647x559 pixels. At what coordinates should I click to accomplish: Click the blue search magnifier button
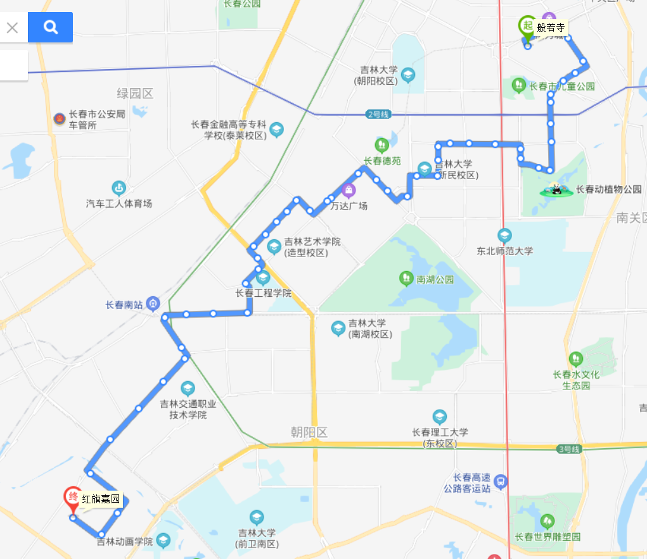50,27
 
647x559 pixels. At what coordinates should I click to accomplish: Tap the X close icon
12,28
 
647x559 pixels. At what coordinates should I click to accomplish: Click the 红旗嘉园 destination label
101,499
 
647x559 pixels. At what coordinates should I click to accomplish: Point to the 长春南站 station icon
153,304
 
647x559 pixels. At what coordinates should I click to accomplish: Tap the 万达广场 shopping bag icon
349,189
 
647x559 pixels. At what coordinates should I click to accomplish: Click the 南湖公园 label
435,279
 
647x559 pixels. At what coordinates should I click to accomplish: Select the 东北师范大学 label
504,251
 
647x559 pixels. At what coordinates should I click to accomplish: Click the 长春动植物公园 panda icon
556,189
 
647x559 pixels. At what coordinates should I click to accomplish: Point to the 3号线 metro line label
568,449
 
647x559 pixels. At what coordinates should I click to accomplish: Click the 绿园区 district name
135,94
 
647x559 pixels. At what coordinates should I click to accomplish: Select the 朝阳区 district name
309,432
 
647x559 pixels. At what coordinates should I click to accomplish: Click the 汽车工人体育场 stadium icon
119,187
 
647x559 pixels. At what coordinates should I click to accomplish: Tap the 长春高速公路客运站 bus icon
501,482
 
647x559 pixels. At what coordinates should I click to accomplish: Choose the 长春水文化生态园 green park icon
575,358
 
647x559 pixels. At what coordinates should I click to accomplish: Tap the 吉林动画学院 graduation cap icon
163,541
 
